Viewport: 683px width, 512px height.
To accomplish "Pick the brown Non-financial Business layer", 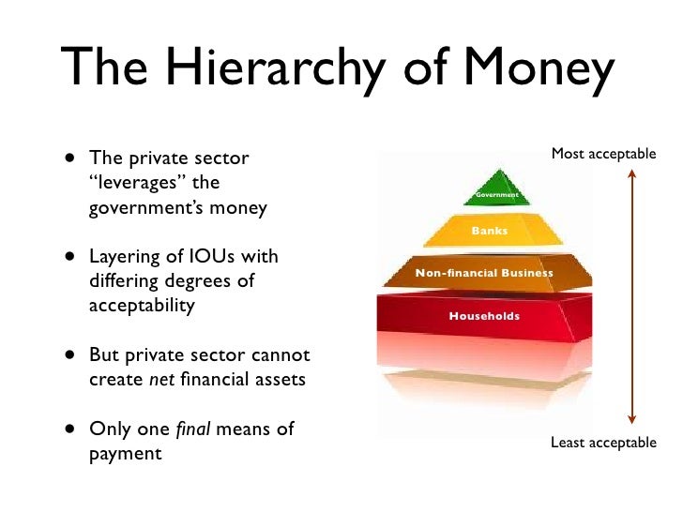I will pyautogui.click(x=484, y=273).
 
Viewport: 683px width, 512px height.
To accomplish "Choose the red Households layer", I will pyautogui.click(x=483, y=316).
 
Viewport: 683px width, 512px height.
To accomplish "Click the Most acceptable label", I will pyautogui.click(x=603, y=153).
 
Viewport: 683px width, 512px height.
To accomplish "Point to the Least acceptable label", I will pyautogui.click(x=603, y=443).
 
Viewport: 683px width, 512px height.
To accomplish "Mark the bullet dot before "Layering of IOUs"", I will pyautogui.click(x=72, y=256).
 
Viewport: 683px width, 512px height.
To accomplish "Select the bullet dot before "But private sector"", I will pyautogui.click(x=72, y=355).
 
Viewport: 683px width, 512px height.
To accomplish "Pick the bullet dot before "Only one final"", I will pyautogui.click(x=72, y=430).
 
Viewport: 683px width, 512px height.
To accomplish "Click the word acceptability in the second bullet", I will pyautogui.click(x=142, y=306).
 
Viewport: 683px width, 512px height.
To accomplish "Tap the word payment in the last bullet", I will pyautogui.click(x=125, y=455).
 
